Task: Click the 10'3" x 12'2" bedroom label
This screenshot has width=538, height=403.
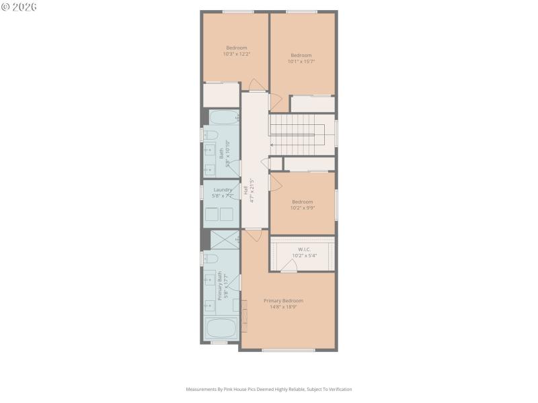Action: click(236, 50)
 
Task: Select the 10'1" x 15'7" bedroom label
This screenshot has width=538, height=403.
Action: click(301, 58)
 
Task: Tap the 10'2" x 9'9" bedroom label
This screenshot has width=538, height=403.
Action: click(302, 204)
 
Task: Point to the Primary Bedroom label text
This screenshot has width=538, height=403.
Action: click(283, 304)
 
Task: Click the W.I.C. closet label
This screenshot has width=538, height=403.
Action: click(303, 252)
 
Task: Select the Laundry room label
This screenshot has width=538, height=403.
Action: click(223, 193)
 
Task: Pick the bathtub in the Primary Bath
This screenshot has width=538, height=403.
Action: click(221, 329)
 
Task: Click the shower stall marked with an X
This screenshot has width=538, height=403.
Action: click(224, 240)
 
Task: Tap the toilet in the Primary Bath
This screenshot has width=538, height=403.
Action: click(210, 259)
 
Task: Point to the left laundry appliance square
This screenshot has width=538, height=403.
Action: click(212, 214)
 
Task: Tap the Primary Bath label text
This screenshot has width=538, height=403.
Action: click(219, 286)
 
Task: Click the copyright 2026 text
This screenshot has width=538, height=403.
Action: click(20, 7)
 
